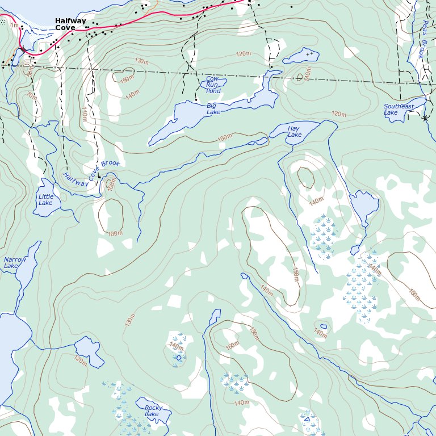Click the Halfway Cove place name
[x=70, y=24]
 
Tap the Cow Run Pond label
[x=213, y=85]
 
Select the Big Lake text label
[x=213, y=109]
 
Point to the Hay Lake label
[x=294, y=132]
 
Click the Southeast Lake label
[x=399, y=109]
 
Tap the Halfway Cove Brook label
[x=91, y=173]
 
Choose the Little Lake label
[x=45, y=200]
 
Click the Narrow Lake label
[x=15, y=262]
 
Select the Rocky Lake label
[x=153, y=411]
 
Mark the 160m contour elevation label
[x=232, y=344]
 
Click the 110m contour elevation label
[x=85, y=114]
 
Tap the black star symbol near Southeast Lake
[x=425, y=118]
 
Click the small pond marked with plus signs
[x=301, y=56]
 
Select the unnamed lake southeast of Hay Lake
[x=364, y=204]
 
